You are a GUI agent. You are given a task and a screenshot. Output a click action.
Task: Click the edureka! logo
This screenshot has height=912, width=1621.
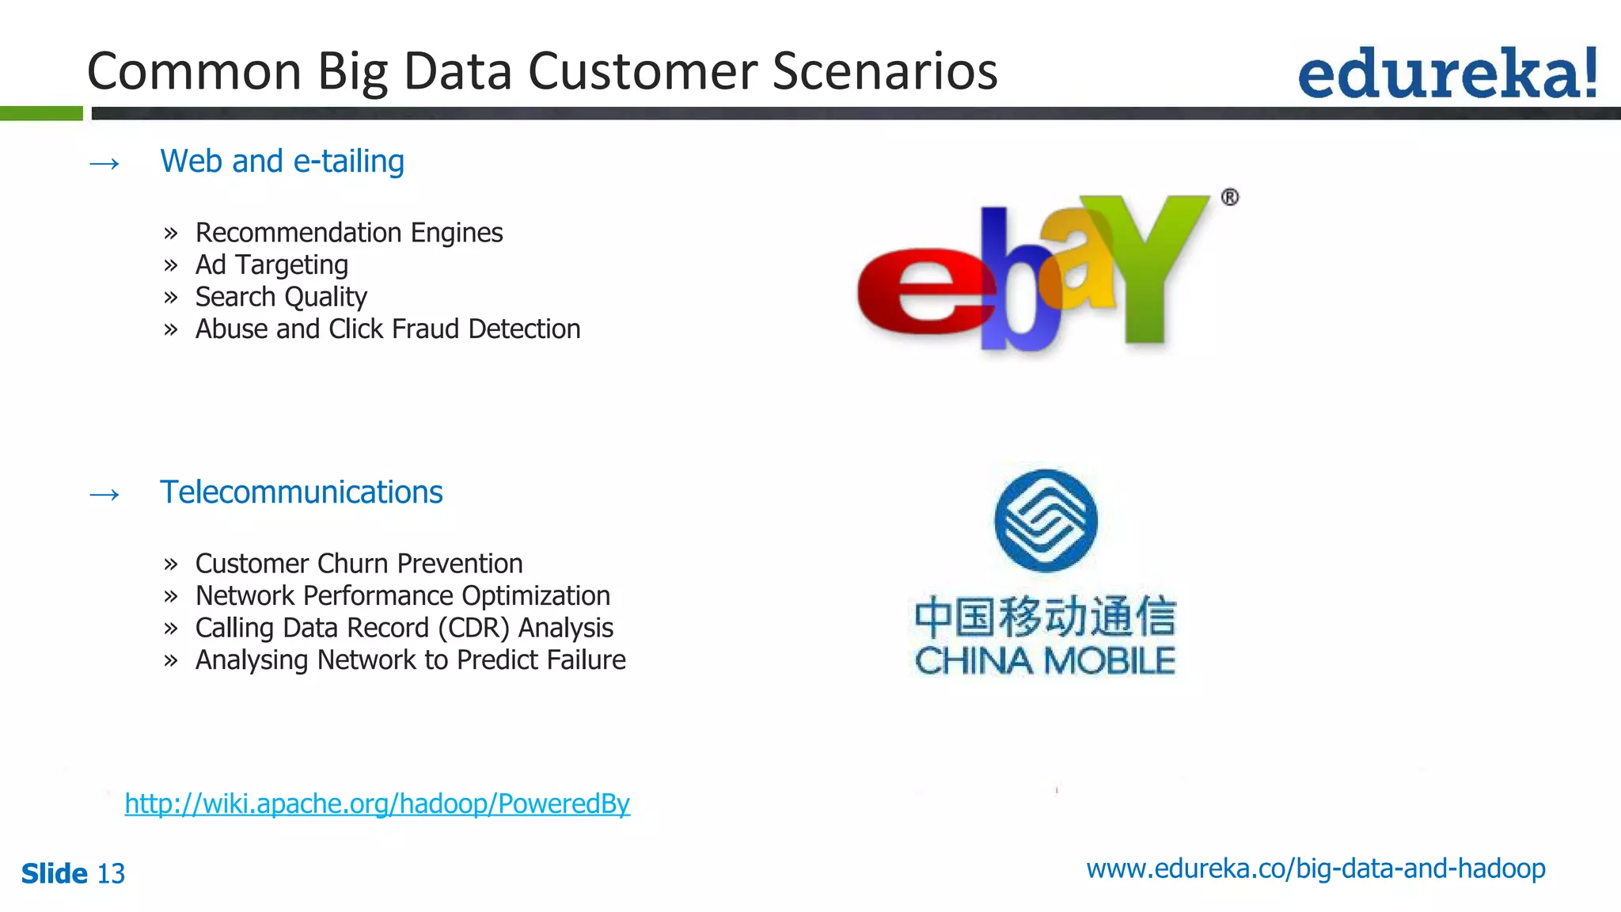tap(1447, 74)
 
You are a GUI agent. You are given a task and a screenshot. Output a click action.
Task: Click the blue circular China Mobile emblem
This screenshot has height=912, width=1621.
tap(1046, 520)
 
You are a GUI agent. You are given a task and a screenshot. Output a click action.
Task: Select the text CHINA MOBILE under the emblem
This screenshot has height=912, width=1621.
tap(1045, 661)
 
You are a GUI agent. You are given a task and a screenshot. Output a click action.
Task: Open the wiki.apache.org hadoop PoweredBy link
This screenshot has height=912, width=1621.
tap(377, 804)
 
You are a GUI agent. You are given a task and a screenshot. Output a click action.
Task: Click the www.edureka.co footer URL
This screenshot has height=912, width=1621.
tap(1315, 868)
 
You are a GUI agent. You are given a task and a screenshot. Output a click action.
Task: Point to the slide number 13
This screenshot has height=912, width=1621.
tap(111, 874)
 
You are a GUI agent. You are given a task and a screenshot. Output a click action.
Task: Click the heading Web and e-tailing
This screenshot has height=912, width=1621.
tap(282, 161)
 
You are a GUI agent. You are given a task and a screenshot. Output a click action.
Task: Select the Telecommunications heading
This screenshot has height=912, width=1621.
tap(301, 492)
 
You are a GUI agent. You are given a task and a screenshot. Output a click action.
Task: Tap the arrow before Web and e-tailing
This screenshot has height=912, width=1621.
tap(104, 164)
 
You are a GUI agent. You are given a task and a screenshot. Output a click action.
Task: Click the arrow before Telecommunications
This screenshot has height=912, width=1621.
tap(104, 495)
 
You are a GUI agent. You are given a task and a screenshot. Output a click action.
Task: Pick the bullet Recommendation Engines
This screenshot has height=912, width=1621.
tap(348, 233)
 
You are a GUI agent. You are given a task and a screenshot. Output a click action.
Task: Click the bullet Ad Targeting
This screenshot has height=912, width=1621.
tap(271, 264)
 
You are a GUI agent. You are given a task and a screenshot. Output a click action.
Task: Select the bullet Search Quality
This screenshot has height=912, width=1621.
tap(281, 297)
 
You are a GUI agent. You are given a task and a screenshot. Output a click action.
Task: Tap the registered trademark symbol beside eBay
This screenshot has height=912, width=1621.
tap(1229, 197)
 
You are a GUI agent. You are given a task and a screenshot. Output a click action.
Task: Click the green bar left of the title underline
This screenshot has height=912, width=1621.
tap(41, 113)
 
